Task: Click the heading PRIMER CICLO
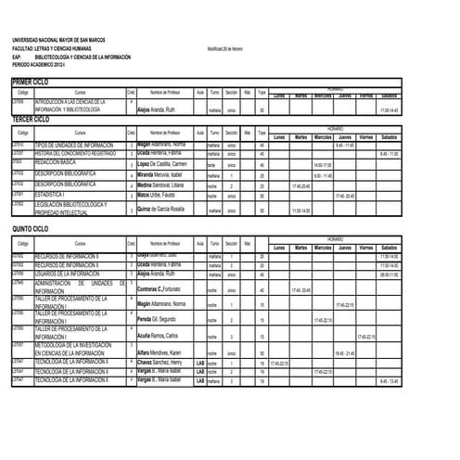click(32, 83)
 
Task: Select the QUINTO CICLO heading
click(32, 227)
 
